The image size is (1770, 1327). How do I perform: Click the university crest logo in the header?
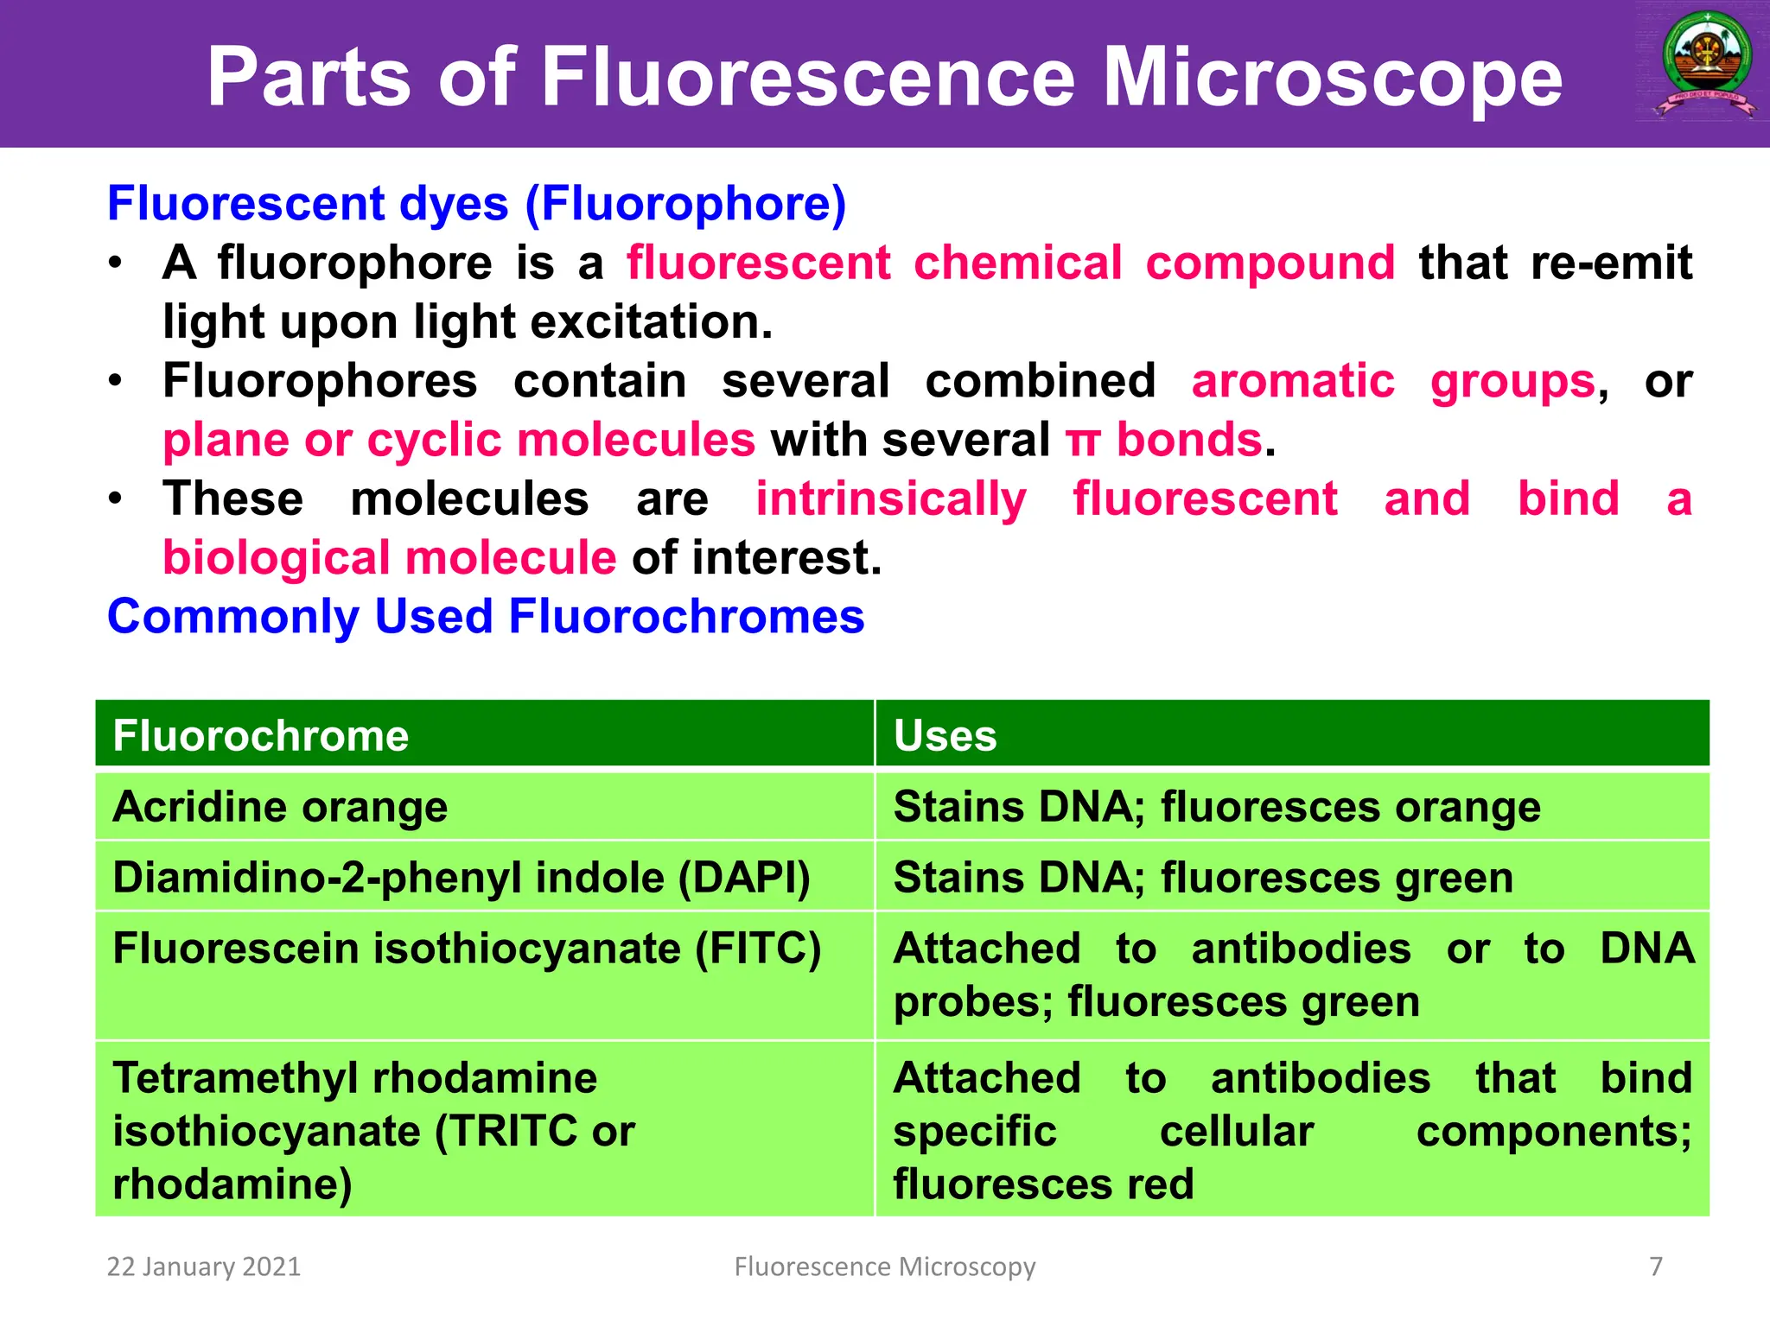coord(1706,65)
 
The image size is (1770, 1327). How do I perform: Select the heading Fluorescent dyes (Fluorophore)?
coord(476,204)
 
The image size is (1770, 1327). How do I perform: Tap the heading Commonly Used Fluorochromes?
coord(486,617)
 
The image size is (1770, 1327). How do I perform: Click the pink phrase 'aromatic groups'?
coord(1392,381)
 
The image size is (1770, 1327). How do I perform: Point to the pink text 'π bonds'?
coord(1164,440)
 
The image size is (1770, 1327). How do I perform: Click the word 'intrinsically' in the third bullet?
coord(890,499)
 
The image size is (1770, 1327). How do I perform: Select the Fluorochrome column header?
coord(261,736)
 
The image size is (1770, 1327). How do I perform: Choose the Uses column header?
coord(945,736)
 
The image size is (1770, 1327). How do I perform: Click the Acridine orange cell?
coord(280,807)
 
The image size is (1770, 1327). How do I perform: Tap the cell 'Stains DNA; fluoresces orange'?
coord(1216,807)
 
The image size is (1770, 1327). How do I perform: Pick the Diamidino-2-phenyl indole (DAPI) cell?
coord(462,878)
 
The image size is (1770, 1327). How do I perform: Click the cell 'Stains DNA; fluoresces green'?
coord(1203,878)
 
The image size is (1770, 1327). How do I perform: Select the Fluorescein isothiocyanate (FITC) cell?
coord(467,949)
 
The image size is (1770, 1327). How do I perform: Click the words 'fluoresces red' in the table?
coord(1043,1184)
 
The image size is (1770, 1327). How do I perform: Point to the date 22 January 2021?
coord(203,1267)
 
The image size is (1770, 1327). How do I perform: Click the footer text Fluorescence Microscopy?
coord(884,1267)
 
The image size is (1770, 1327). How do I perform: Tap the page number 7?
coord(1656,1267)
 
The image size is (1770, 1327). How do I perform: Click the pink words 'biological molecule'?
coord(389,558)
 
